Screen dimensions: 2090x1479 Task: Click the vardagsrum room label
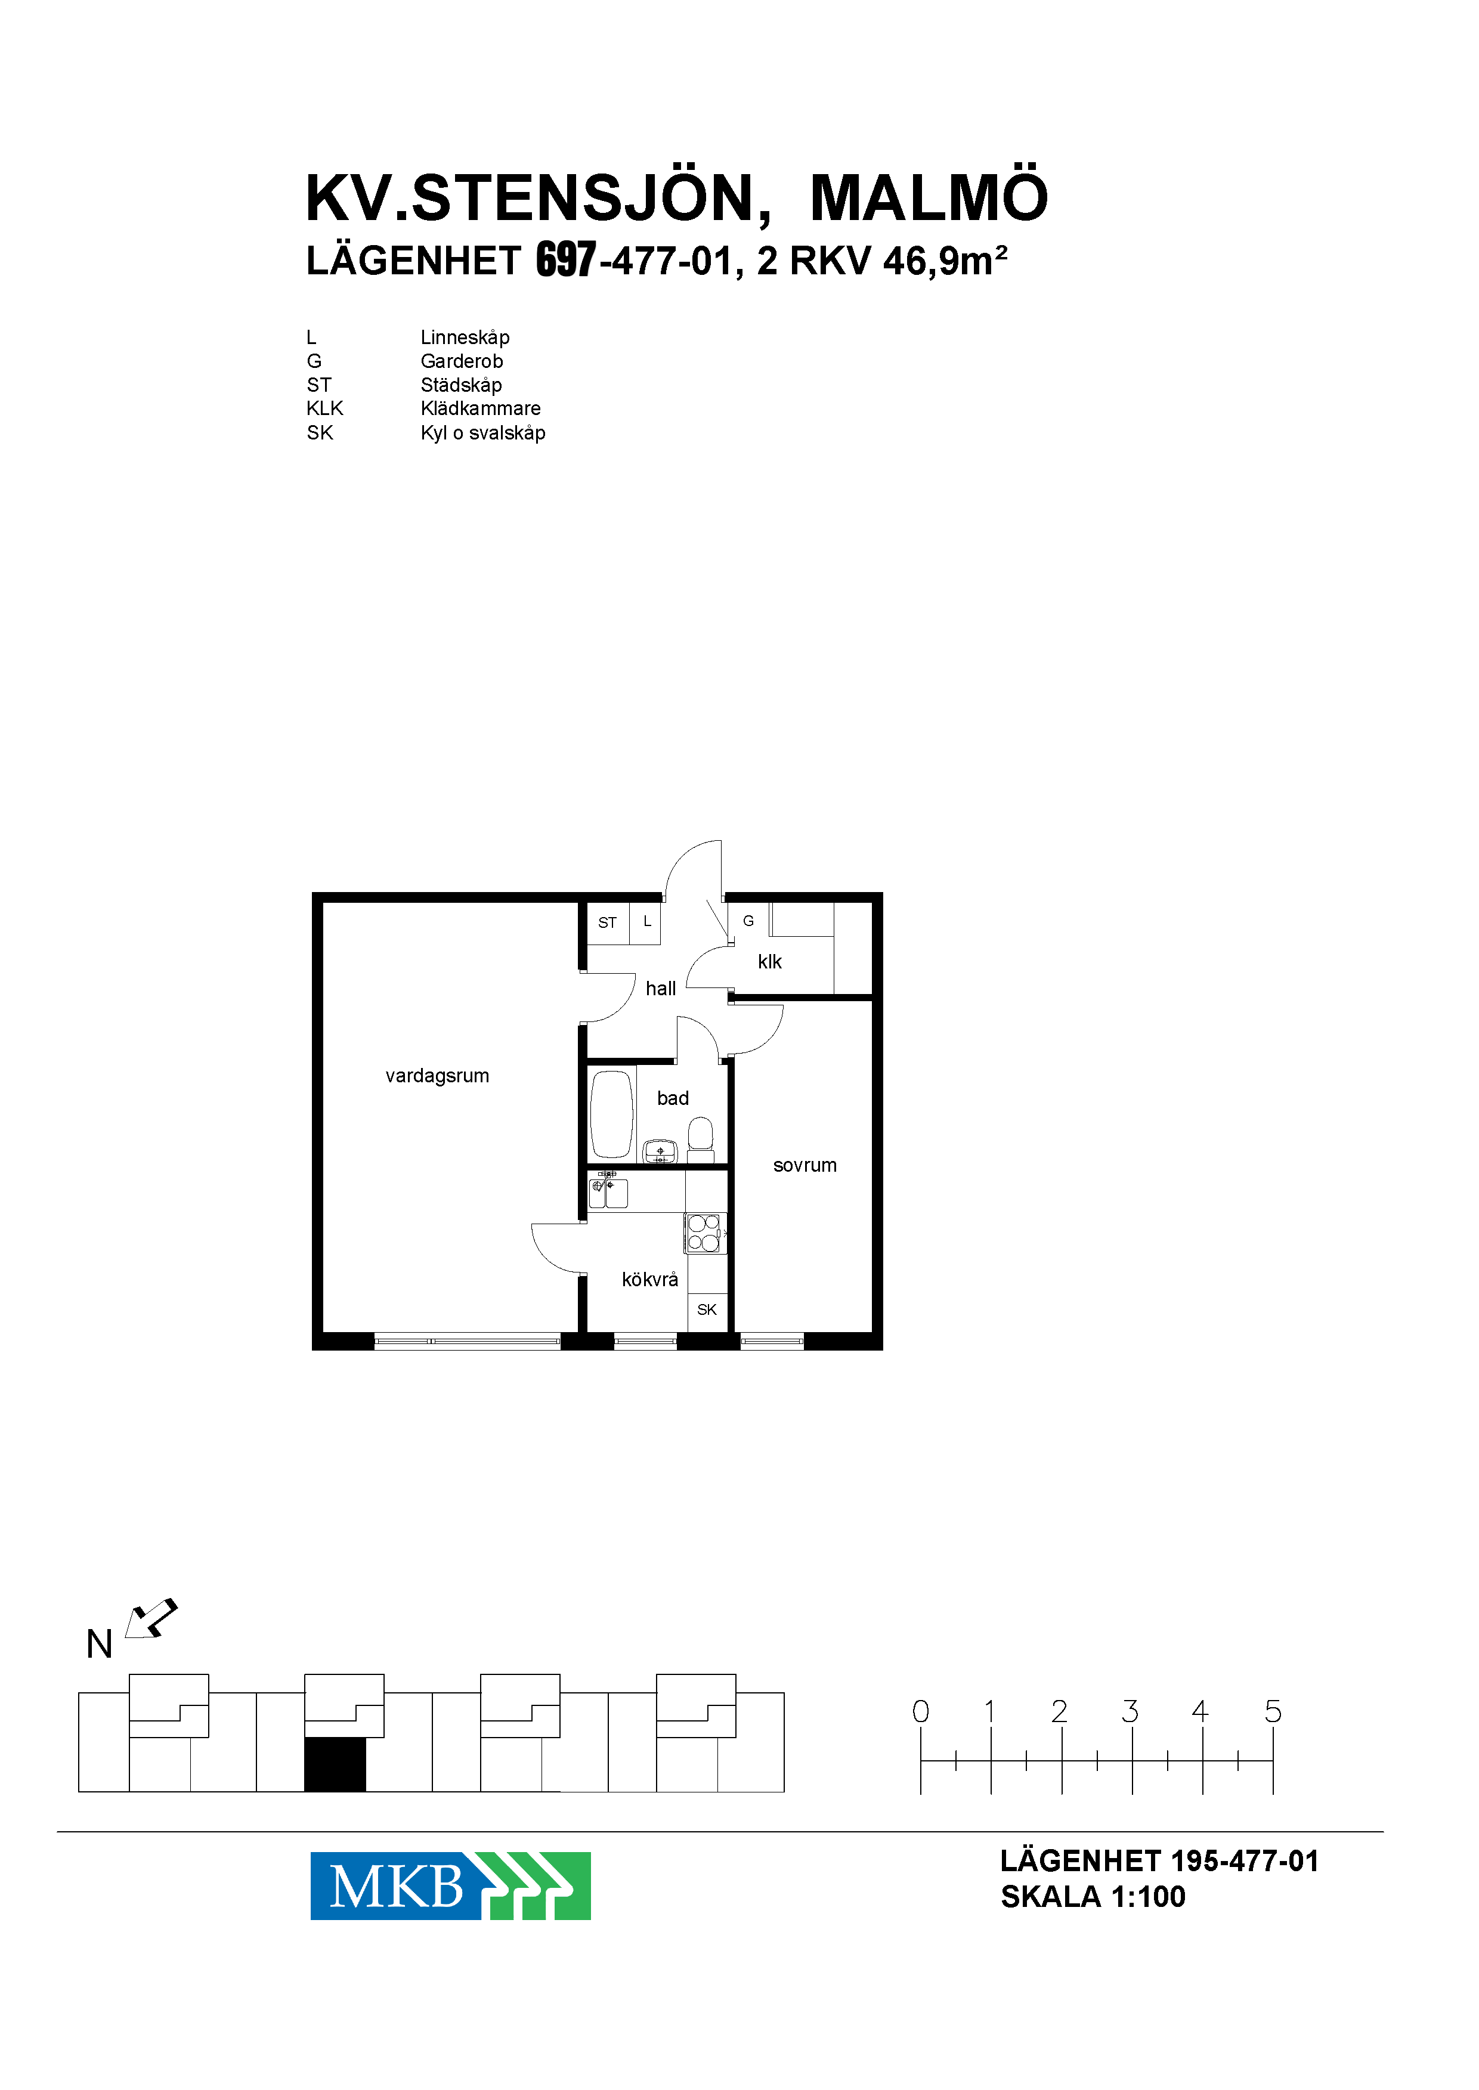437,1076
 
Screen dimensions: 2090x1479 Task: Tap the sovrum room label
804,1165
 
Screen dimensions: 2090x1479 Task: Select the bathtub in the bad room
611,1114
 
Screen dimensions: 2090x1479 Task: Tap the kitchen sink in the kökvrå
608,1191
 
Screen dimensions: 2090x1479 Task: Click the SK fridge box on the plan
707,1309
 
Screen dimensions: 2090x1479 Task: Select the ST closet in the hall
608,922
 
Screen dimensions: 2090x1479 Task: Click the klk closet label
769,962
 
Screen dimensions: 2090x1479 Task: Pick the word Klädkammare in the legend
480,408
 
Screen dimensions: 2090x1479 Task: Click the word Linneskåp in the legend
465,337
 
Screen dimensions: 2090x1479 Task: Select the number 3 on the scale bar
1130,1711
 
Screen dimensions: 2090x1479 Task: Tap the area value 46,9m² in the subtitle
945,261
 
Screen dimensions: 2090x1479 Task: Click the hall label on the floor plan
660,988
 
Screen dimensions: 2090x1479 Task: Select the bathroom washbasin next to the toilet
660,1152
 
